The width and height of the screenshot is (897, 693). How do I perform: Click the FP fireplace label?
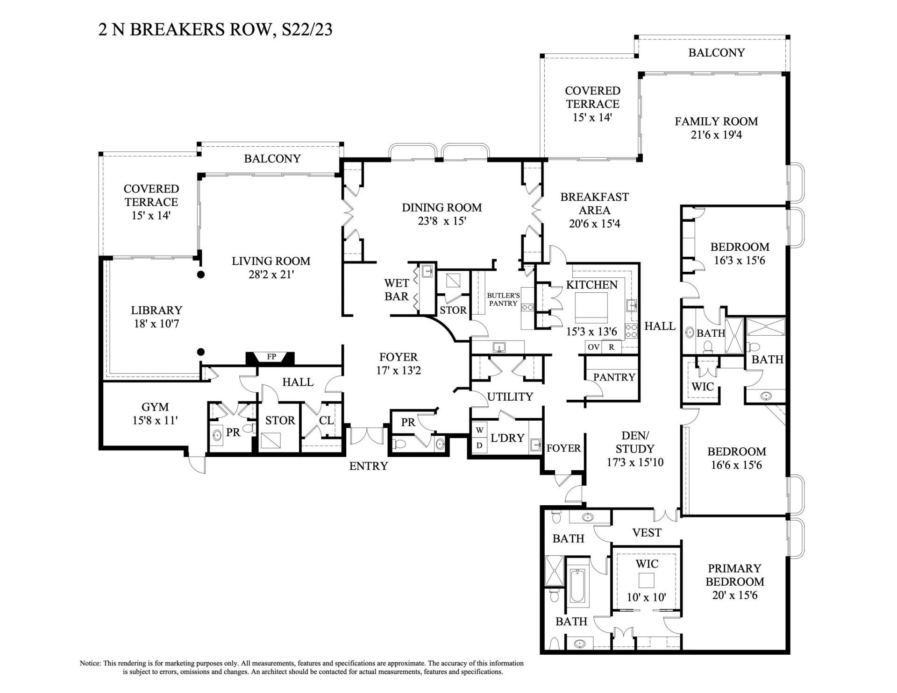tap(271, 357)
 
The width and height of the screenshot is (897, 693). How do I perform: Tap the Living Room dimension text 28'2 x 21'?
tap(271, 275)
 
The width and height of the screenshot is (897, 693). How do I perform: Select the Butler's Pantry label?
tap(503, 299)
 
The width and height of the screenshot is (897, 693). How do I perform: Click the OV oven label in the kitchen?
tap(593, 347)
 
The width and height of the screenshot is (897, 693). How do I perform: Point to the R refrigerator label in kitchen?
tap(611, 347)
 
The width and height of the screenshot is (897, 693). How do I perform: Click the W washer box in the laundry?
tap(479, 429)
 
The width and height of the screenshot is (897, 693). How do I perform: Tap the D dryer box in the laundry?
tap(479, 445)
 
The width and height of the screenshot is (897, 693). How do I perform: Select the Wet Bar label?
tap(397, 290)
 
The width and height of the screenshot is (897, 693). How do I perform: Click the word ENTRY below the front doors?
tap(369, 466)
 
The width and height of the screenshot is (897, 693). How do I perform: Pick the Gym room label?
tap(155, 407)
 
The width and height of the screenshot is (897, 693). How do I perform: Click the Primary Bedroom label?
tap(734, 575)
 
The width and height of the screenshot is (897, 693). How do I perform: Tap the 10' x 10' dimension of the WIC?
tap(646, 597)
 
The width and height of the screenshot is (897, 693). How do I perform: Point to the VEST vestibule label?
tap(647, 532)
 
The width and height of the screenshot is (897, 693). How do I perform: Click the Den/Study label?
tap(635, 442)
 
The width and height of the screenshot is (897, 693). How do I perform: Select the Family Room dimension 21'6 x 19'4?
tap(716, 135)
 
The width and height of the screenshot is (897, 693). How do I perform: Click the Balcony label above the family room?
tap(716, 53)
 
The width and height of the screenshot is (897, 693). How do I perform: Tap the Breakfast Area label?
tap(594, 204)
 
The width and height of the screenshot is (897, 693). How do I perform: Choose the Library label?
tap(157, 310)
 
